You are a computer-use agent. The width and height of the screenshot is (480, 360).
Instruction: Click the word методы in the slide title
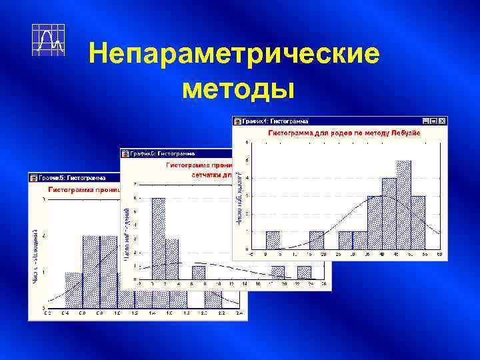pyautogui.click(x=237, y=87)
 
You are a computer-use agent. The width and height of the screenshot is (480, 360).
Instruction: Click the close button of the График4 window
pyautogui.click(x=441, y=121)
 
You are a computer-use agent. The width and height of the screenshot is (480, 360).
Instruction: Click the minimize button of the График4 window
pyautogui.click(x=425, y=121)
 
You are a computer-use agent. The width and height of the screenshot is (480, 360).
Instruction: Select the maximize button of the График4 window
pyautogui.click(x=433, y=121)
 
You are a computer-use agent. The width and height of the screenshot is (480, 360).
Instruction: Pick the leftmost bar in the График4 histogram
pyautogui.click(x=273, y=240)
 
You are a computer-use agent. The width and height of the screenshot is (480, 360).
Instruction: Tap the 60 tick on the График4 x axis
pyautogui.click(x=440, y=255)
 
